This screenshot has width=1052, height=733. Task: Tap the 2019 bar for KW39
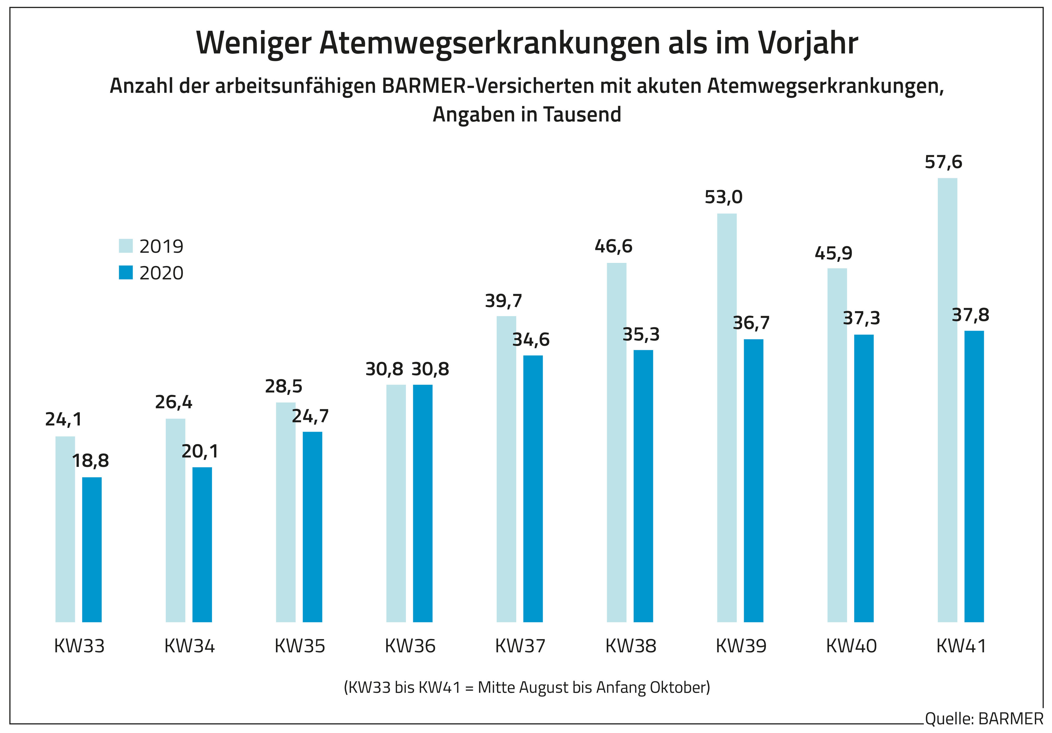[x=727, y=417]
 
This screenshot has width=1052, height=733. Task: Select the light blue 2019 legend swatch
[x=125, y=246]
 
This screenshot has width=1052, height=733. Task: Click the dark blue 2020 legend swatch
[x=125, y=273]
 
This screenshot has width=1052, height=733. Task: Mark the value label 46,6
[x=613, y=246]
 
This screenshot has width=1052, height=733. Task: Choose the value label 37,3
[x=861, y=318]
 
